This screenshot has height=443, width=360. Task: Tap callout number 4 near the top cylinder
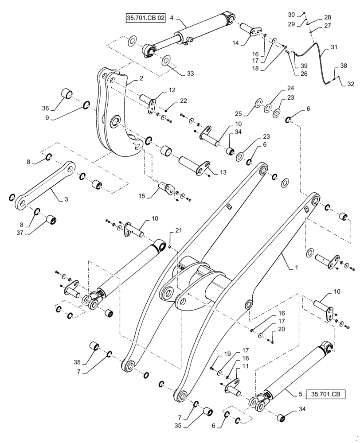coord(171,19)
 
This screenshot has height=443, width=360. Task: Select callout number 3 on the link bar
coord(66,200)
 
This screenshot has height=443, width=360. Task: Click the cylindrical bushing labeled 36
coord(67,94)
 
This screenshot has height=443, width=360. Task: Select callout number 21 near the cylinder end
coord(178,230)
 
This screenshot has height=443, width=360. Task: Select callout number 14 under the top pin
coord(235,43)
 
